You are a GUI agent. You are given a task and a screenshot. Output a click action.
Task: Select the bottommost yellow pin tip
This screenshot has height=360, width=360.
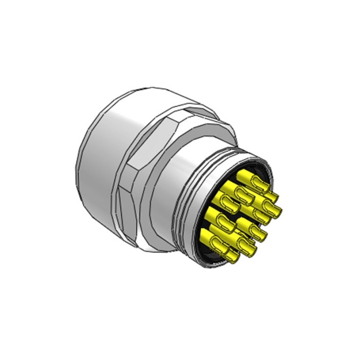coord(229,258)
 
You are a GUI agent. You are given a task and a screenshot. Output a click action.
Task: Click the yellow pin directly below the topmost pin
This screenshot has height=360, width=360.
coord(245,193)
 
